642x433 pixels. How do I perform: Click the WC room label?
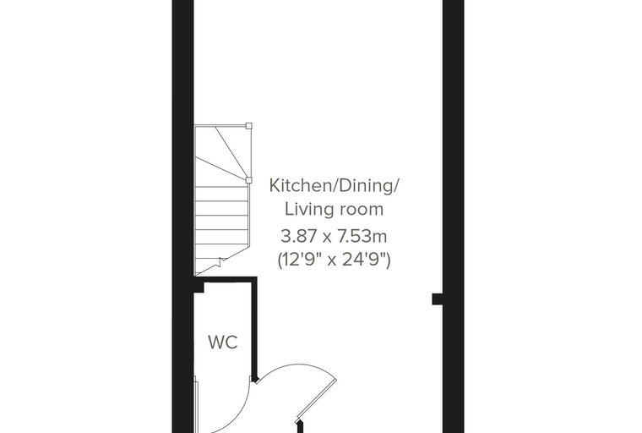tap(223, 342)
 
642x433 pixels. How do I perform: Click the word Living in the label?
tap(307, 210)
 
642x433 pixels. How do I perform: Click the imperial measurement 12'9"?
tap(301, 260)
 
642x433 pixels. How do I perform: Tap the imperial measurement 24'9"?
tap(363, 260)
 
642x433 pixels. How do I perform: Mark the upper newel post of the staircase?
tap(248, 126)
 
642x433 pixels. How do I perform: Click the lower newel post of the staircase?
tap(248, 180)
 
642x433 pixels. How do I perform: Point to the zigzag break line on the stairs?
tap(221, 261)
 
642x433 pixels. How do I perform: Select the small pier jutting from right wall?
tap(438, 299)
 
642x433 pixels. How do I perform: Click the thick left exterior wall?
tap(182, 216)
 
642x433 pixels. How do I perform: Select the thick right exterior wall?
tap(454, 216)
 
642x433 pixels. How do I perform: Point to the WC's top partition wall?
tap(226, 280)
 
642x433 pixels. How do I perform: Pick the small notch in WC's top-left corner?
tap(199, 288)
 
